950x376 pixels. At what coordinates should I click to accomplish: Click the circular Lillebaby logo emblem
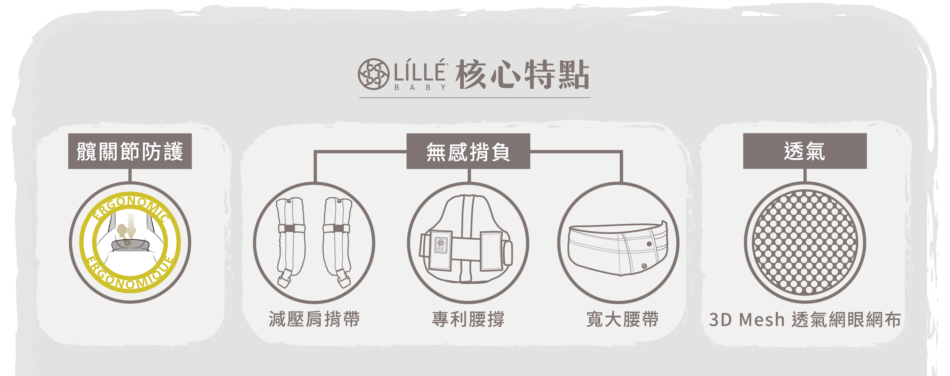click(373, 74)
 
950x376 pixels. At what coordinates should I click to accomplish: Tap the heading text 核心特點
click(522, 75)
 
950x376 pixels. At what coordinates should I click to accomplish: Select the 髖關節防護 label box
click(130, 151)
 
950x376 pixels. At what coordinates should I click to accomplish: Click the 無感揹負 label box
click(468, 151)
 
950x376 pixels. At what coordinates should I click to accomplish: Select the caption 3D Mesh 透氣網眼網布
click(805, 320)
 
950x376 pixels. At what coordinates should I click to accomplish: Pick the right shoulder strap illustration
click(337, 242)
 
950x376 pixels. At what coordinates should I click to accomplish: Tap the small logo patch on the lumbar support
click(441, 245)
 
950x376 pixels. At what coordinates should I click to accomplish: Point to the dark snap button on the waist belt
click(649, 244)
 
